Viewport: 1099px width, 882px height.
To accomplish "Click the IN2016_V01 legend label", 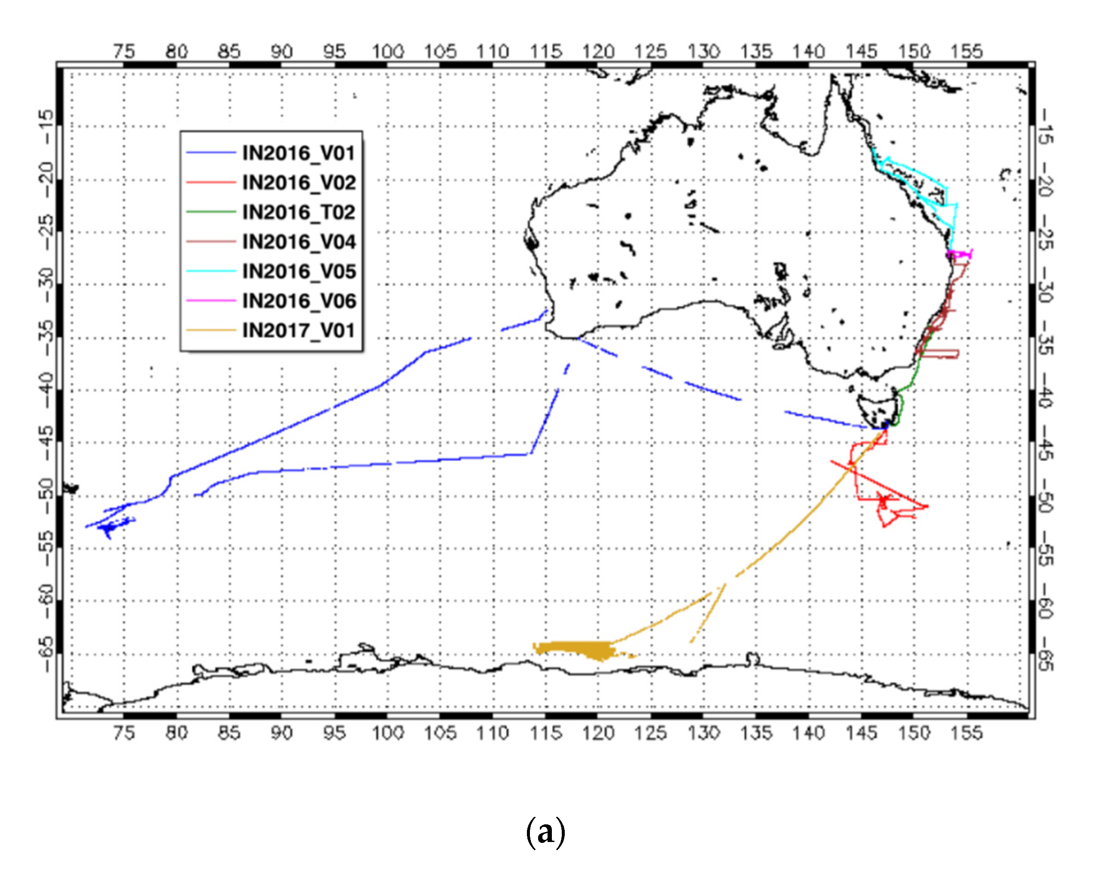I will coord(298,153).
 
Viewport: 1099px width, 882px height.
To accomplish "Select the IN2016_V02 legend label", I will coord(299,182).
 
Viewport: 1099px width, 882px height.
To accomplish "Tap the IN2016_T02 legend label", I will coord(298,212).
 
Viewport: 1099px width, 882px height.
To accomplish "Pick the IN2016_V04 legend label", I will coord(299,242).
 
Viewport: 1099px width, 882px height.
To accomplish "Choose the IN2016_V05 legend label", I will coord(299,271).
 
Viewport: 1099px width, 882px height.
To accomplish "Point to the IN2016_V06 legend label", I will coord(299,301).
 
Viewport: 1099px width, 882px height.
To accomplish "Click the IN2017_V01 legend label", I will coord(298,330).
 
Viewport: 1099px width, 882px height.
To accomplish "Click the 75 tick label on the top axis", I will coord(124,52).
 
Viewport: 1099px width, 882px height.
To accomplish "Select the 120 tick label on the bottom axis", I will coord(598,733).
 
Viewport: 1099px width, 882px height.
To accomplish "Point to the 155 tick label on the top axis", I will coord(967,52).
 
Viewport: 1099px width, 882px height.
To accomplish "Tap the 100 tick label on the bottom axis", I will coord(388,733).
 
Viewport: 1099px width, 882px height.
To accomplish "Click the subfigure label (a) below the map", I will coord(545,832).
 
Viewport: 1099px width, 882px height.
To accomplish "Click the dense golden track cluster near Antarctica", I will coord(576,650).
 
